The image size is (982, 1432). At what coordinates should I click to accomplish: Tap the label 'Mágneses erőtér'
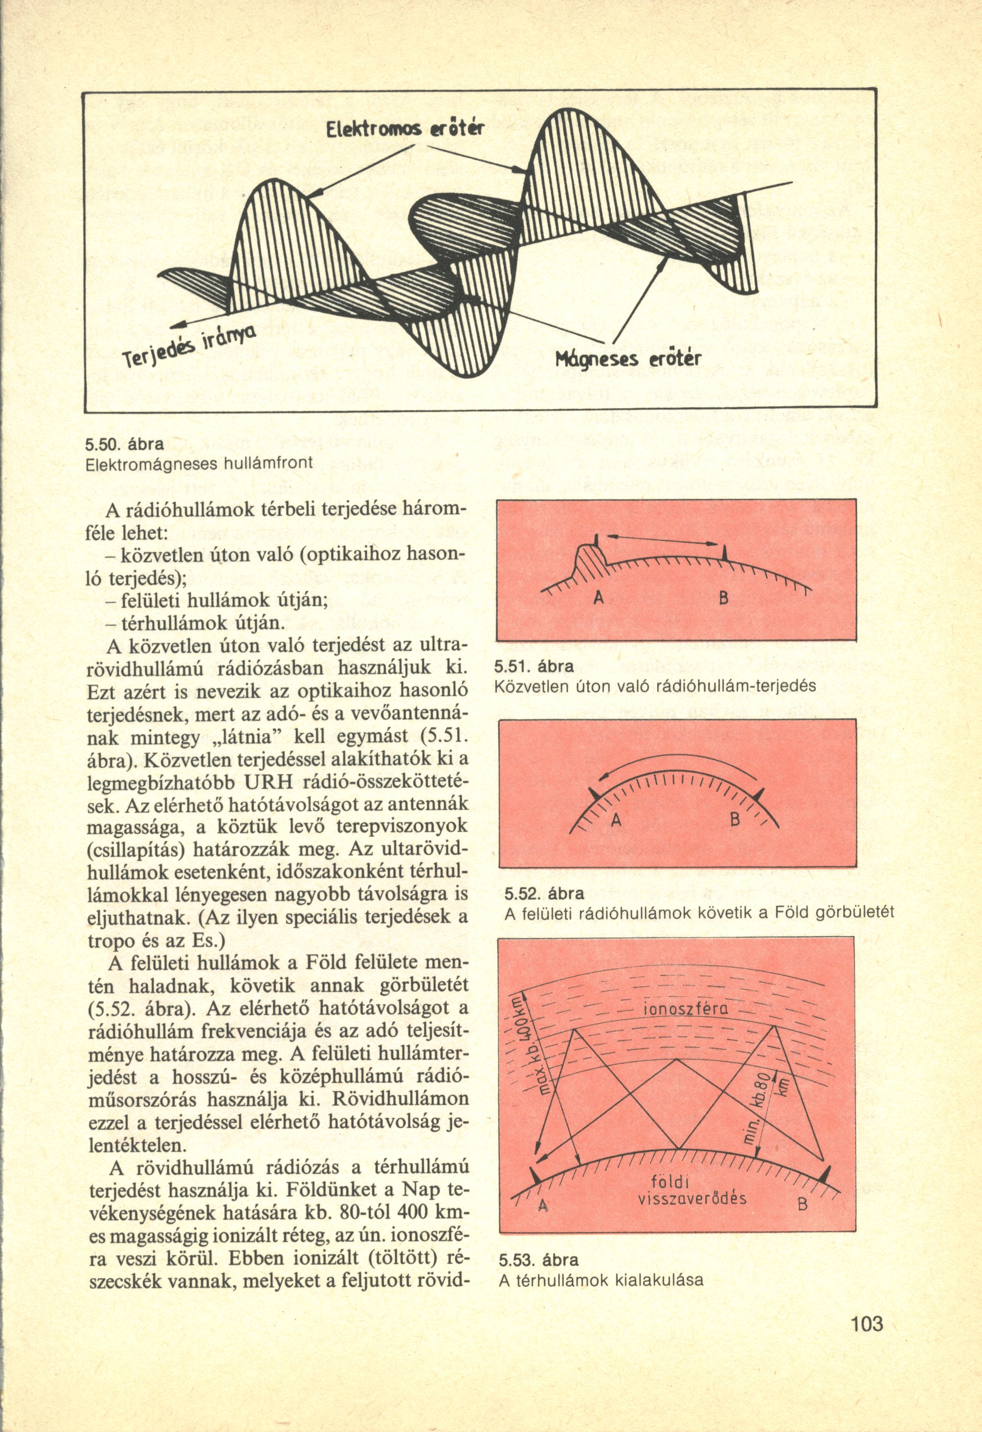[x=629, y=359]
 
